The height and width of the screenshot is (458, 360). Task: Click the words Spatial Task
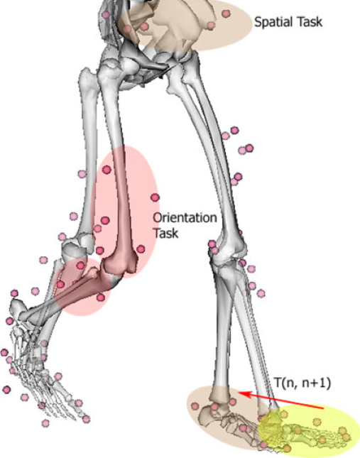click(288, 22)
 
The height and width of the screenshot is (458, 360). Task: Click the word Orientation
click(185, 217)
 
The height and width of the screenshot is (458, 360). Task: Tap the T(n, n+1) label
click(302, 382)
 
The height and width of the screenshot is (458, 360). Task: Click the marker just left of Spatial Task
click(226, 13)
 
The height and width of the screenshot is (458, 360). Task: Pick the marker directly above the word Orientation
click(155, 197)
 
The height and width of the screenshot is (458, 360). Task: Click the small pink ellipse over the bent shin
click(83, 286)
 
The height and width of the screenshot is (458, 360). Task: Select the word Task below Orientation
click(166, 233)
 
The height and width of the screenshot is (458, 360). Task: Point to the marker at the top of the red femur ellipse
click(107, 170)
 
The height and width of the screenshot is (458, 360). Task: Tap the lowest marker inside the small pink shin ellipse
click(101, 298)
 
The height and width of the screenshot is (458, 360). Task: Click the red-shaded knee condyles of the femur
click(120, 263)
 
